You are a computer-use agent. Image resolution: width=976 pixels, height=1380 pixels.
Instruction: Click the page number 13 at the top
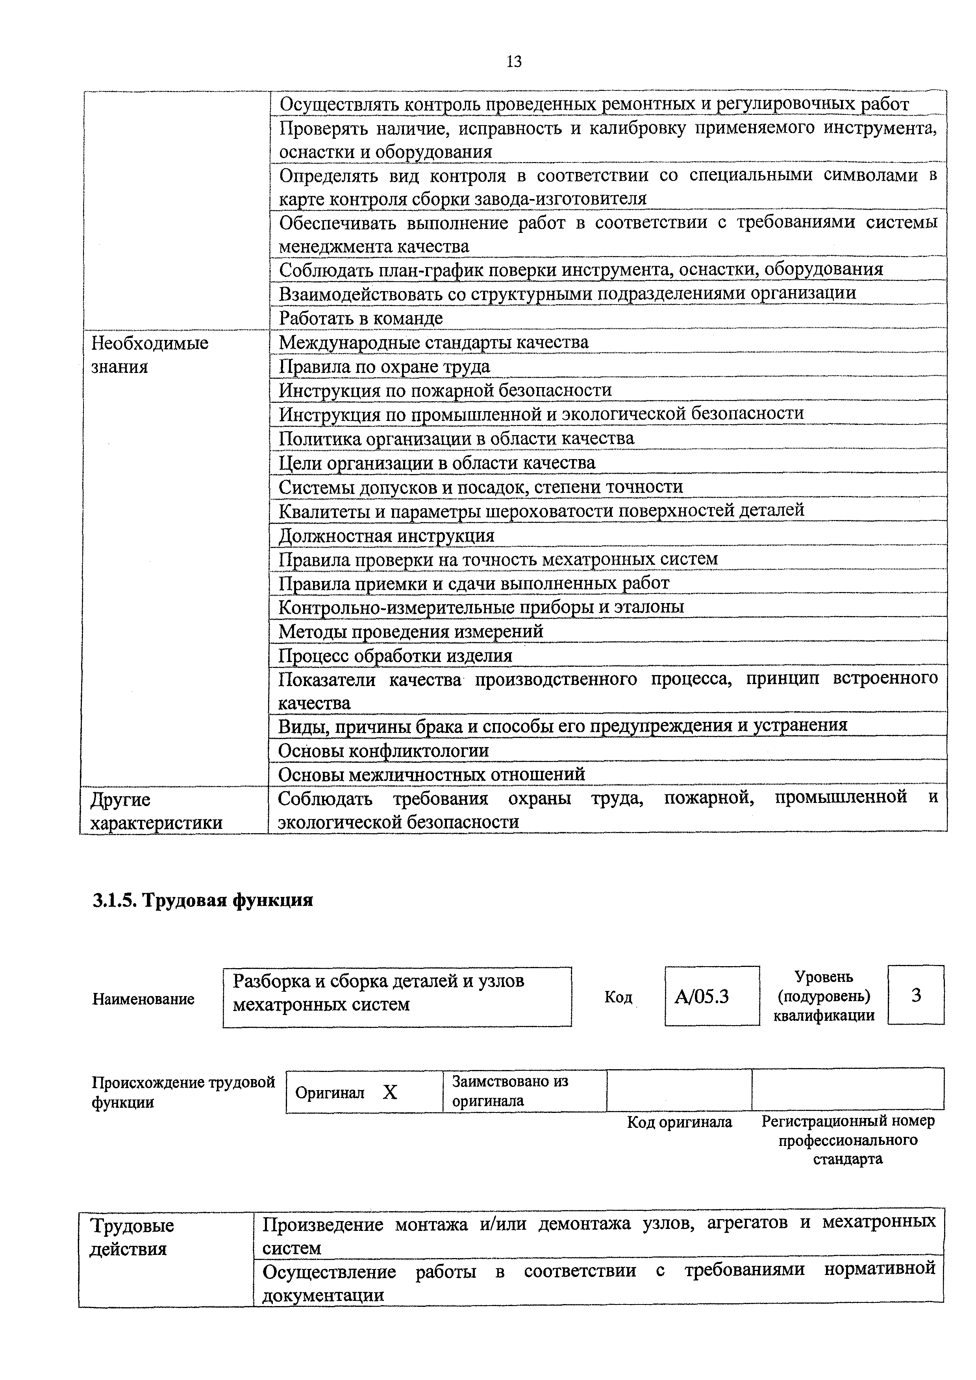pos(514,61)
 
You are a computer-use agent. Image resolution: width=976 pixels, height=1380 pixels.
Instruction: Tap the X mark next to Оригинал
pos(390,1092)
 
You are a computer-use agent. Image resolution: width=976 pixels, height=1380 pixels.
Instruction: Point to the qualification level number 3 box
pos(915,995)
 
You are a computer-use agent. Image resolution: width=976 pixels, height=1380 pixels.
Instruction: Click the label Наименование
pos(143,999)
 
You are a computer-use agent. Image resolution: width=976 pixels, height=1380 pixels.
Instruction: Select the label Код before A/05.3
pos(618,997)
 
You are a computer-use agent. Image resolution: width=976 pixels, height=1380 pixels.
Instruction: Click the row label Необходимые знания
pos(150,354)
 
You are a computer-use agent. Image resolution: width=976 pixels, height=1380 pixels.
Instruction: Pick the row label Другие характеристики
pos(156,811)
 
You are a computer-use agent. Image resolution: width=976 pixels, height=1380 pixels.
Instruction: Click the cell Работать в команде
pos(361,318)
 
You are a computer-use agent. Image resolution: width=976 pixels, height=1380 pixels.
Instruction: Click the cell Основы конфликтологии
pos(383,751)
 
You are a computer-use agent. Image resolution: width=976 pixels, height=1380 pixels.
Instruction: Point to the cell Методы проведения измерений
pos(411,631)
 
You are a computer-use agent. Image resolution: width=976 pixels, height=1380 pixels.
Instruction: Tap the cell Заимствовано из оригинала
pos(510,1091)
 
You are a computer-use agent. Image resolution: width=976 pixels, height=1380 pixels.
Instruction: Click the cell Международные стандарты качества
pos(433,343)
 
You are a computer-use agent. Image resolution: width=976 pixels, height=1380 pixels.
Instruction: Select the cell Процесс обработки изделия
pos(395,655)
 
